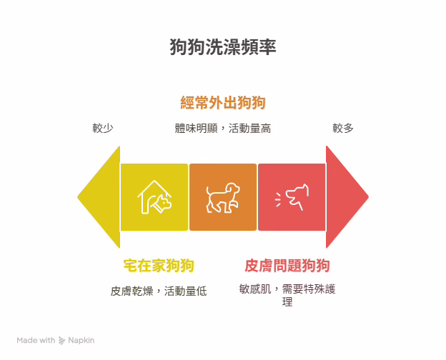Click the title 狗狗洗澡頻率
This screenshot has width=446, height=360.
pyautogui.click(x=223, y=46)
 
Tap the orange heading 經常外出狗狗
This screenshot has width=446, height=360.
pyautogui.click(x=223, y=103)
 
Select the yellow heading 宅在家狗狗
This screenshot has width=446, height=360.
pyautogui.click(x=159, y=266)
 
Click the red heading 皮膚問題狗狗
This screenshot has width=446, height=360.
pyautogui.click(x=287, y=266)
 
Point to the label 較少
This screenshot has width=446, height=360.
pyautogui.click(x=103, y=129)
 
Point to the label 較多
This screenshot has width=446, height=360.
pyautogui.click(x=343, y=129)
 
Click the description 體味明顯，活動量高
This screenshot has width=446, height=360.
pyautogui.click(x=223, y=129)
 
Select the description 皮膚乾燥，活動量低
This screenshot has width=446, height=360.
pyautogui.click(x=159, y=291)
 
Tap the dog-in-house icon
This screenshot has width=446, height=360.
pyautogui.click(x=154, y=197)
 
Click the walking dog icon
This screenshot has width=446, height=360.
pyautogui.click(x=223, y=197)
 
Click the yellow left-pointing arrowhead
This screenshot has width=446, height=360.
pyautogui.click(x=99, y=197)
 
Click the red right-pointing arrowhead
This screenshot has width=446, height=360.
pyautogui.click(x=347, y=196)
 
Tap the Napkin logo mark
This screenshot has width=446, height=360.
pyautogui.click(x=61, y=341)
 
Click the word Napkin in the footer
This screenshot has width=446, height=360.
pyautogui.click(x=81, y=341)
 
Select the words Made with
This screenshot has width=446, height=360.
pyautogui.click(x=36, y=341)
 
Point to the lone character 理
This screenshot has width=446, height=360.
pyautogui.click(x=287, y=301)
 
